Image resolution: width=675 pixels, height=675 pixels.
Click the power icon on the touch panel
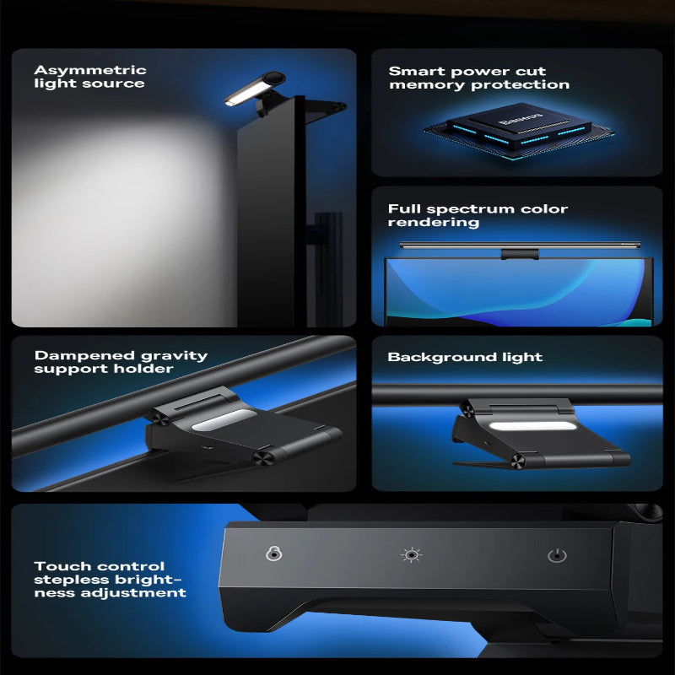556,555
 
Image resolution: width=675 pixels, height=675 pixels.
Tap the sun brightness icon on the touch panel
412,554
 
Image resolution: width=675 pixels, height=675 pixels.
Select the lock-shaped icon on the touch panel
273,553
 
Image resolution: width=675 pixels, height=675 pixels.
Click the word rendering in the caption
434,222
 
